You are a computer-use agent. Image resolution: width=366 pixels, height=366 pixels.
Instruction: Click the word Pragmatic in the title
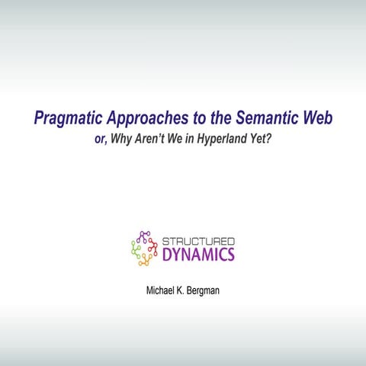click(x=69, y=119)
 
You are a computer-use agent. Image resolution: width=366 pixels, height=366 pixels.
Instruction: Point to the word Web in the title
click(x=316, y=119)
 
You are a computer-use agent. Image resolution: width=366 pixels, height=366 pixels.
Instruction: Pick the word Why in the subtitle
click(x=125, y=140)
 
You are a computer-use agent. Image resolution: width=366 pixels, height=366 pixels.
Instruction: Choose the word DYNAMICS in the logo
click(x=199, y=254)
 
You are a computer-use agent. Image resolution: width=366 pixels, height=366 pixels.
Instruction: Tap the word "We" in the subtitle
click(x=181, y=140)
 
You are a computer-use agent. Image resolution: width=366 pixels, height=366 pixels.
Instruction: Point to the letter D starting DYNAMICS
click(x=168, y=254)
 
